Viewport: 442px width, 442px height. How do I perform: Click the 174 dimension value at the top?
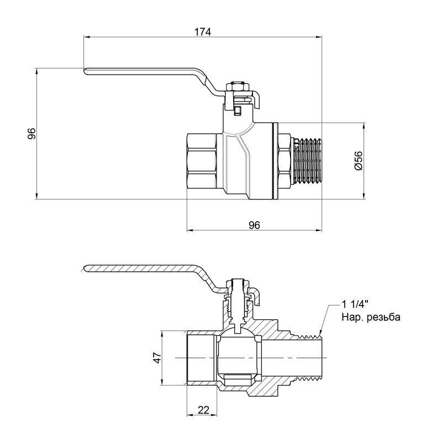(203, 31)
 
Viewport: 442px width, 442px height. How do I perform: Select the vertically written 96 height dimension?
(31, 133)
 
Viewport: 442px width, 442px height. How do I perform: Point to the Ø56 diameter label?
(357, 160)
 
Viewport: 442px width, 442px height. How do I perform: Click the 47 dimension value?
(156, 359)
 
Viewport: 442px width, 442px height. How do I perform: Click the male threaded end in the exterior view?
(307, 160)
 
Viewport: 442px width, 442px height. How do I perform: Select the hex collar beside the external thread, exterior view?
(285, 160)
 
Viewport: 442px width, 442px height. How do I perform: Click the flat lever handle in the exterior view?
(144, 73)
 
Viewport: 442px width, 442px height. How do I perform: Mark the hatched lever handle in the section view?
(144, 269)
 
